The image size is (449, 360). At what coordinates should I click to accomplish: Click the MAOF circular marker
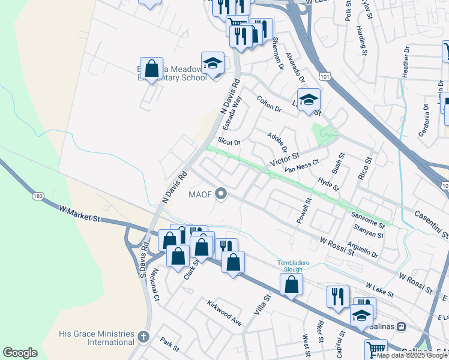[221, 193]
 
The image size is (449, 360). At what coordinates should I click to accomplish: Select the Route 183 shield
[37, 196]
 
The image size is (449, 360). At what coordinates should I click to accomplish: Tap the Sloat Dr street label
[229, 142]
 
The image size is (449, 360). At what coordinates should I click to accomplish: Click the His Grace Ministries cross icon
[142, 337]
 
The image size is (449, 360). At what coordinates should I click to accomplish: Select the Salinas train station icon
[401, 327]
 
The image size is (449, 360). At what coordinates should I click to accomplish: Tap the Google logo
[20, 353]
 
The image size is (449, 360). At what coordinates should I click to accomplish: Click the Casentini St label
[432, 223]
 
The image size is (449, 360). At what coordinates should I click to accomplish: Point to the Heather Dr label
[406, 62]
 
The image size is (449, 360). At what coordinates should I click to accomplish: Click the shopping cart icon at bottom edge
[376, 349]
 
